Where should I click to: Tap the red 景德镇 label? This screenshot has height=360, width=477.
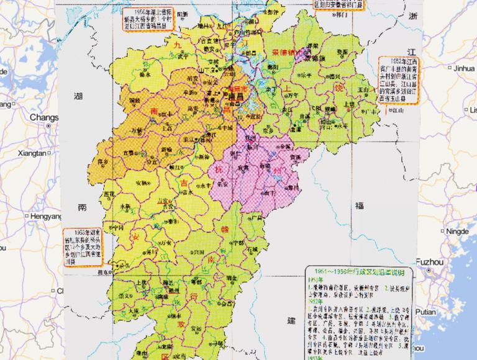coord(286,54)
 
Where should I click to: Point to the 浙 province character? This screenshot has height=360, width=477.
coord(412,19)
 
